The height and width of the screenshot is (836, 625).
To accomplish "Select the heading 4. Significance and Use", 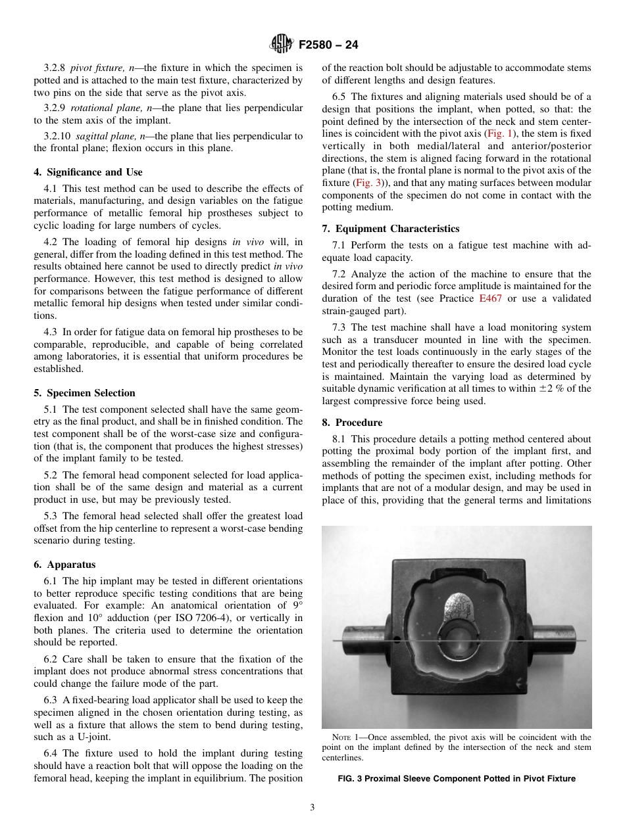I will tap(87, 172).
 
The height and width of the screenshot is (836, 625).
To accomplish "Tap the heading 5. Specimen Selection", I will tap(84, 393).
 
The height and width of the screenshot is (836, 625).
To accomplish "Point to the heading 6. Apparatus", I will tap(64, 565).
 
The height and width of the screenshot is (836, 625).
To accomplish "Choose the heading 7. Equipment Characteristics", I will tap(391, 229).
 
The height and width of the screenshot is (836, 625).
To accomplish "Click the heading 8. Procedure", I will tap(352, 423).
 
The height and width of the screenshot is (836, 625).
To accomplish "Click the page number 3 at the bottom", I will tap(312, 808).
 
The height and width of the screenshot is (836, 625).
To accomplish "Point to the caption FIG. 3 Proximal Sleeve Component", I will tap(457, 779).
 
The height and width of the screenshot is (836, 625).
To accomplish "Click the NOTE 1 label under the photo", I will tap(345, 737).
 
